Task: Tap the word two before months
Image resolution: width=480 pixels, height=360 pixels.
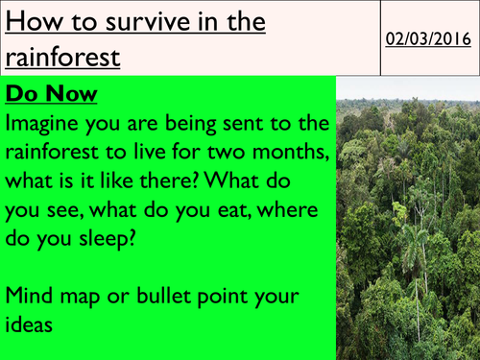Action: pos(225,152)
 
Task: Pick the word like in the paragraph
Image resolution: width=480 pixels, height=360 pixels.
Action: pos(116,180)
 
